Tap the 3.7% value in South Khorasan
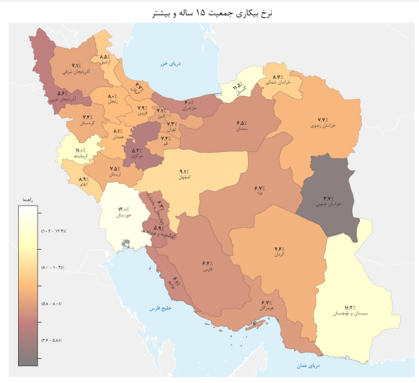click(328, 199)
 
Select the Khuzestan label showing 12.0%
click(123, 210)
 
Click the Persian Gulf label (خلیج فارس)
click(159, 309)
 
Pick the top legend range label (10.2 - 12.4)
click(55, 231)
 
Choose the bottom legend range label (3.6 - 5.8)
click(55, 340)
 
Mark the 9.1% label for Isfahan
click(184, 171)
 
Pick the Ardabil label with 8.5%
click(104, 57)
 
